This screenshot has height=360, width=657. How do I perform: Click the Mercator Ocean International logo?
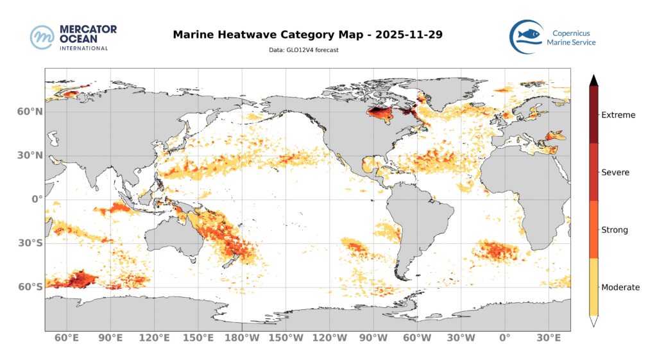pos(73,37)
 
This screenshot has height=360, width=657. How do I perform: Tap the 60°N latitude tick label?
pos(29,112)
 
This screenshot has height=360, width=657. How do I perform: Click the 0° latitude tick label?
pos(37,199)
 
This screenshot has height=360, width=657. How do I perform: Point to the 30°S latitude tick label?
pos(30,243)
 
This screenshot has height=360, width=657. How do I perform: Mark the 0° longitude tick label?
pos(504,338)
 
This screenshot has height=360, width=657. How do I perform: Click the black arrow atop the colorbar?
pos(594,80)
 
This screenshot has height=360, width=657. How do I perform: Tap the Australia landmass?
pos(173,237)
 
